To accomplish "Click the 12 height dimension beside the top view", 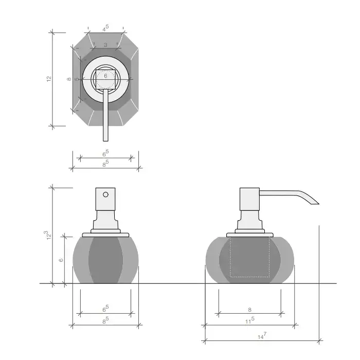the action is pos(49,79).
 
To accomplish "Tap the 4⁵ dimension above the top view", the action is pos(105,28).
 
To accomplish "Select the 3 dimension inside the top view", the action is pos(105,45).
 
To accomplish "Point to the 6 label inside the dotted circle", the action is pos(105,76).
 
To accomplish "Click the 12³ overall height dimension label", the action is pos(48,236).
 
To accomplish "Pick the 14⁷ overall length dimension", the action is pos(262,336).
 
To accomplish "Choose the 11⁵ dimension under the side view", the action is pos(249,320).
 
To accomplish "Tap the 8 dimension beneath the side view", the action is pos(250,310).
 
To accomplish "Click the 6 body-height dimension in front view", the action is pos(61,260).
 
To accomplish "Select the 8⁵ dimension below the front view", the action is pos(105,320).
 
